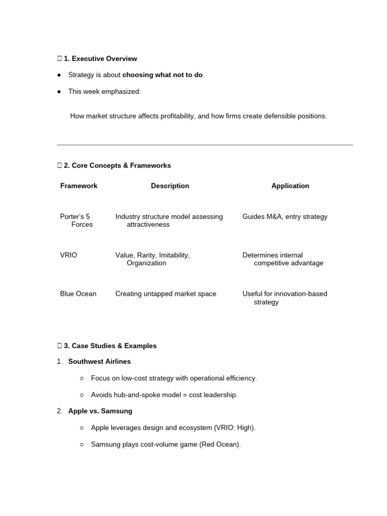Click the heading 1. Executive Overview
pos(100,58)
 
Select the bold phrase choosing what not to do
pos(163,75)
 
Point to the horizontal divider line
pos(205,145)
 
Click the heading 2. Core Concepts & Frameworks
pos(117,165)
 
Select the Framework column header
pos(79,186)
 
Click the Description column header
pos(170,186)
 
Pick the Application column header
pos(290,186)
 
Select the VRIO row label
pos(69,255)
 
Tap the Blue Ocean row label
pos(78,294)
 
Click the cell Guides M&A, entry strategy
pos(285,217)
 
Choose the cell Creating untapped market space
pos(166,294)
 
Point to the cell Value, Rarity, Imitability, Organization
pos(153,259)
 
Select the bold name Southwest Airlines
pos(99,361)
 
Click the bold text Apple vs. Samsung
pos(100,411)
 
